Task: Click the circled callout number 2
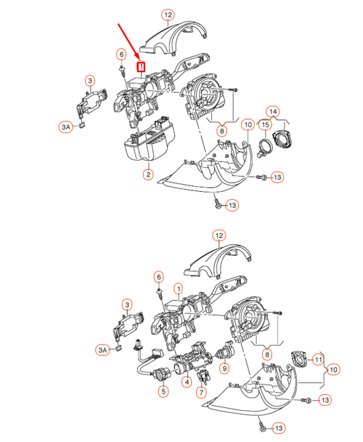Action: [147, 175]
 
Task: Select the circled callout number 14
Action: [272, 111]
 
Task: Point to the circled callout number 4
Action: [186, 382]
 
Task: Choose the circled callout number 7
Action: [201, 393]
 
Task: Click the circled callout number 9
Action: [225, 369]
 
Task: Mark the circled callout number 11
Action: [317, 359]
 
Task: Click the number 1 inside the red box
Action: [142, 68]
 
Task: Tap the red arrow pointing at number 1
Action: [127, 42]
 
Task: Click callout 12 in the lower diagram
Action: [219, 235]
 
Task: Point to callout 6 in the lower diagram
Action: [159, 277]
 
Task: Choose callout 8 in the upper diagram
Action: [221, 130]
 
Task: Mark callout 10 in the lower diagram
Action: [334, 370]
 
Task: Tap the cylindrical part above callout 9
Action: [223, 353]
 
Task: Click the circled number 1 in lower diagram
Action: [178, 289]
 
